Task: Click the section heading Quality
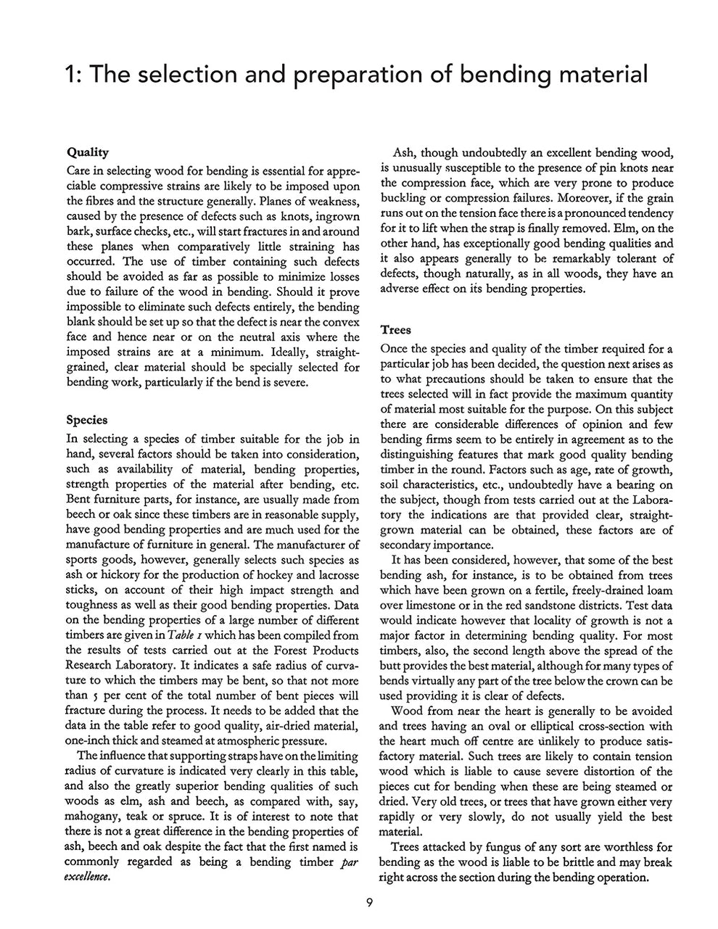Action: coord(88,152)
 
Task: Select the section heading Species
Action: coord(87,420)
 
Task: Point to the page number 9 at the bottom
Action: coord(369,903)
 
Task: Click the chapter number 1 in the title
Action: coord(71,75)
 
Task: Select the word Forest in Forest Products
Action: coord(274,651)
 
